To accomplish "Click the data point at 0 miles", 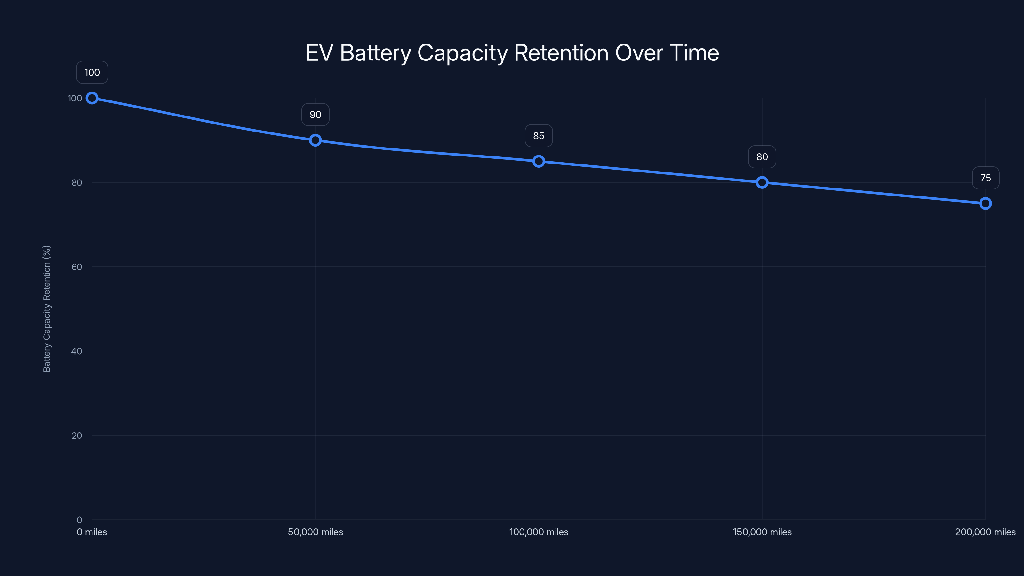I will (x=92, y=98).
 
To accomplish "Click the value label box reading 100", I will (x=92, y=72).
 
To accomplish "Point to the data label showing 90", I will (x=315, y=115).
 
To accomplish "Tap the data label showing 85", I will (x=539, y=136).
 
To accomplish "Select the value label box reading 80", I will (x=762, y=156).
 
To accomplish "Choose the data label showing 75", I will (x=986, y=178).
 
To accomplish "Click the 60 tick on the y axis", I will (x=77, y=267).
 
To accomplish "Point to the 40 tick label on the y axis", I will (x=77, y=351).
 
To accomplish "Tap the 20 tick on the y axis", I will (x=77, y=435).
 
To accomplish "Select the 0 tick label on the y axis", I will (x=79, y=520).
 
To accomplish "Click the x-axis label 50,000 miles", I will (x=315, y=532).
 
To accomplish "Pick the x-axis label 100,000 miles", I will (x=539, y=532).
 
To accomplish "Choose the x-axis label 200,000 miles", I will (x=985, y=532).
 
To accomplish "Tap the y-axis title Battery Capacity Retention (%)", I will (x=47, y=308).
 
